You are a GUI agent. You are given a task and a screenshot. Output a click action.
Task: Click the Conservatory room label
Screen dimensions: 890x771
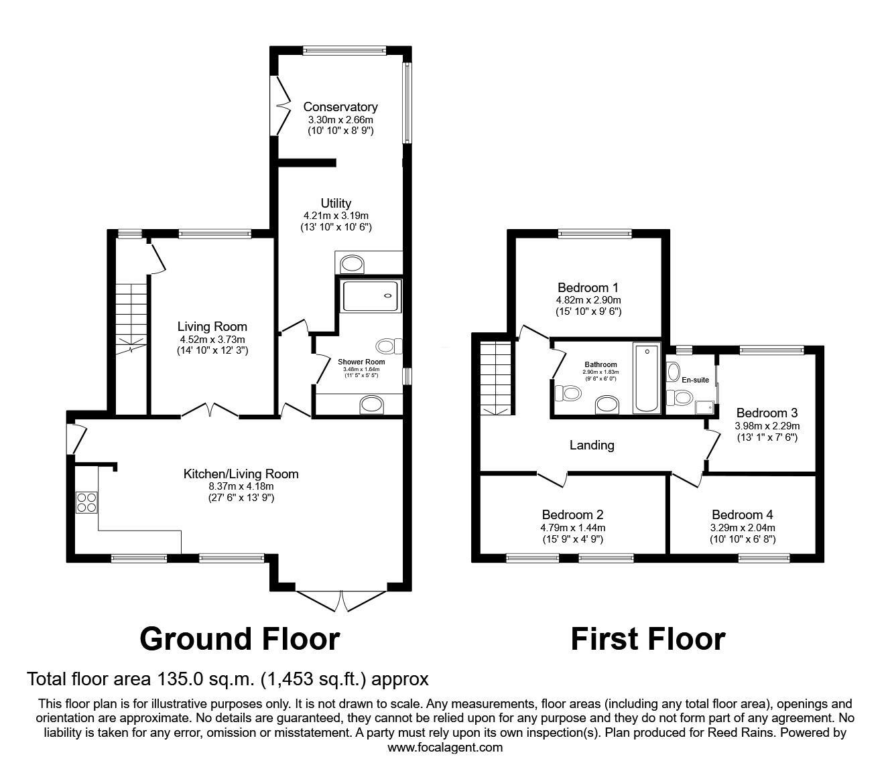click(340, 107)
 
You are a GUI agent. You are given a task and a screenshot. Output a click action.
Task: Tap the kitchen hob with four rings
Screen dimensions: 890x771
click(86, 502)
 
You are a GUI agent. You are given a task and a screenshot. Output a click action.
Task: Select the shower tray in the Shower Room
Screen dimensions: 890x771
click(371, 296)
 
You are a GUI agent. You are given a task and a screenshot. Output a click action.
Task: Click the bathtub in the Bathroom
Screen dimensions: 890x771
click(646, 378)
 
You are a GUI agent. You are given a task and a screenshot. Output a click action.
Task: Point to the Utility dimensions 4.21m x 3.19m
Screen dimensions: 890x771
click(336, 215)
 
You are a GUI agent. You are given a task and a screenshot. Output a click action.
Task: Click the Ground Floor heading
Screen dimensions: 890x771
click(240, 639)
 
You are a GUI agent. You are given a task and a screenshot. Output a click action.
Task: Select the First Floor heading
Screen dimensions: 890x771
click(648, 639)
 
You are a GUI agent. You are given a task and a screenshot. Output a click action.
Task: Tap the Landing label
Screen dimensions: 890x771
click(592, 445)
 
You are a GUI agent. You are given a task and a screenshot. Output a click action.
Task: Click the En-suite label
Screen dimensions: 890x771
click(695, 380)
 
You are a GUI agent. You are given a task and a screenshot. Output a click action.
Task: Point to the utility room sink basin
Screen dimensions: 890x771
click(352, 264)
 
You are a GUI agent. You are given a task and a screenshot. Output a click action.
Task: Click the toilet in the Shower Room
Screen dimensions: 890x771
click(389, 346)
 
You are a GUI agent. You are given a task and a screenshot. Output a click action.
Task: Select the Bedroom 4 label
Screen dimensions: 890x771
click(742, 514)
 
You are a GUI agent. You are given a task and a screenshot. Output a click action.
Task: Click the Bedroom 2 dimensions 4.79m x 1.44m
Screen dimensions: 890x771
click(572, 527)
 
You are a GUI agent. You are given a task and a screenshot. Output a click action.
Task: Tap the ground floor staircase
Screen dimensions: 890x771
click(131, 319)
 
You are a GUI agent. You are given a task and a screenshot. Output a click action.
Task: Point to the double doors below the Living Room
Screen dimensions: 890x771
click(210, 410)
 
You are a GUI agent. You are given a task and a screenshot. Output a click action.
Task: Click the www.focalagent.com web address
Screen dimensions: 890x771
click(445, 748)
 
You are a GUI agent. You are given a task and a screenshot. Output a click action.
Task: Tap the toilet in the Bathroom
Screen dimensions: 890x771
click(568, 393)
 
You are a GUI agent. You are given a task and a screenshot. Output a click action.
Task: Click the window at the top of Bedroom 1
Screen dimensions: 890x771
click(595, 234)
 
